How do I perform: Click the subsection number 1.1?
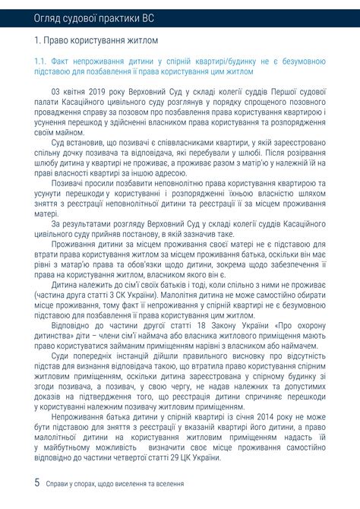pyautogui.click(x=41, y=60)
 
